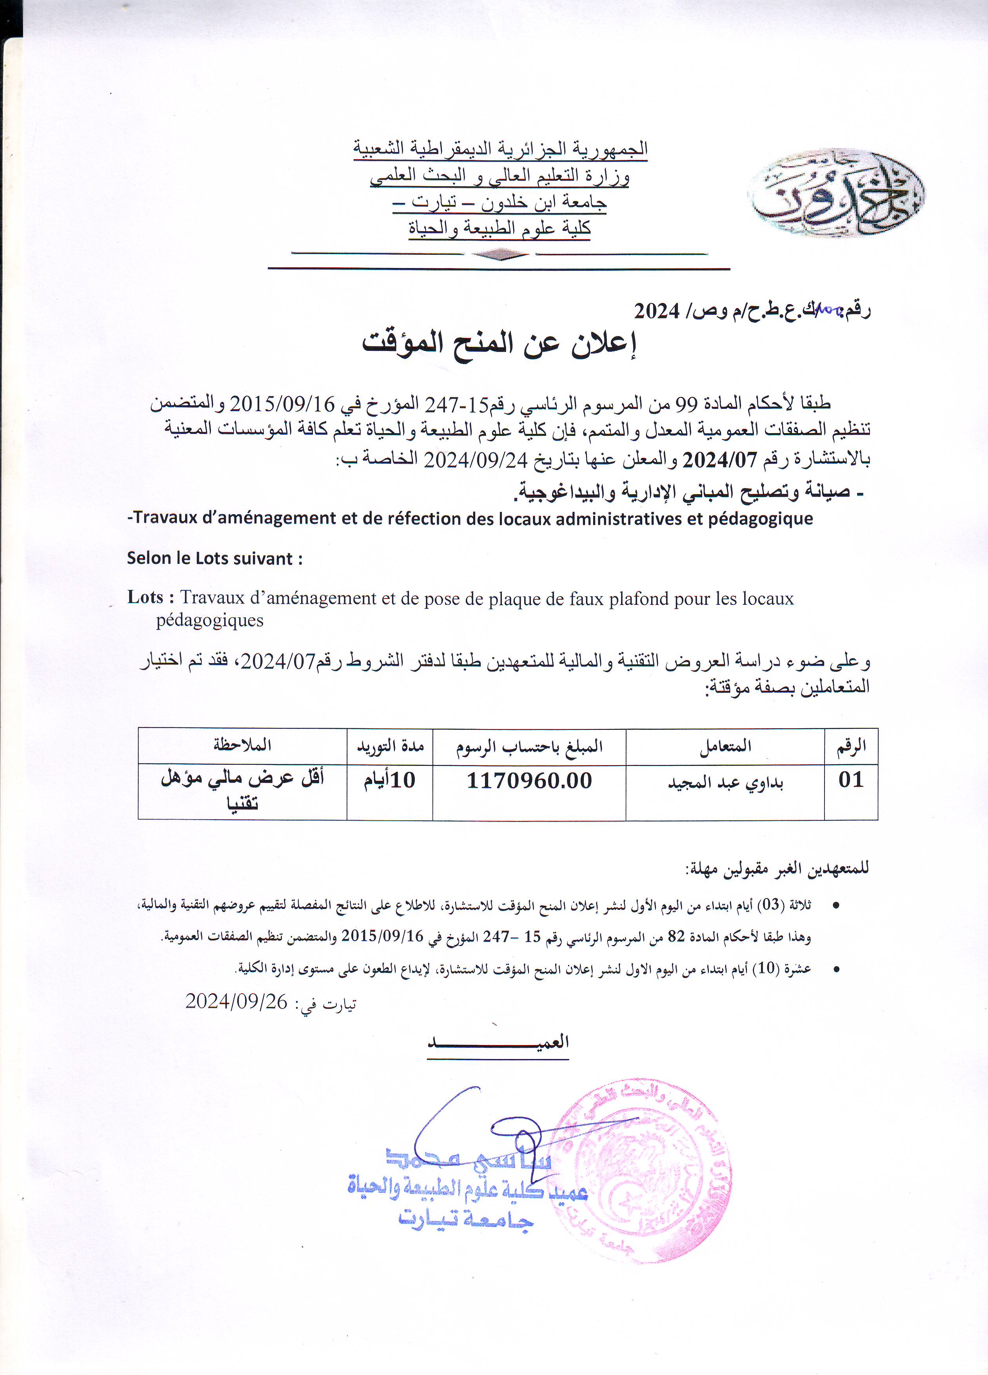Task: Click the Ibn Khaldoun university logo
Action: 836,193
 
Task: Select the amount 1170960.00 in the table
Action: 529,781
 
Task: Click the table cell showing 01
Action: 850,780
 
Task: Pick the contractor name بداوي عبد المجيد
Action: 725,783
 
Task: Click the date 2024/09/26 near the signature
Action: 236,1001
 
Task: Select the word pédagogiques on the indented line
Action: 209,620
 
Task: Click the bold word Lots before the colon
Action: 145,598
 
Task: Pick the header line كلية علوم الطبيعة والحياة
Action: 499,229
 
